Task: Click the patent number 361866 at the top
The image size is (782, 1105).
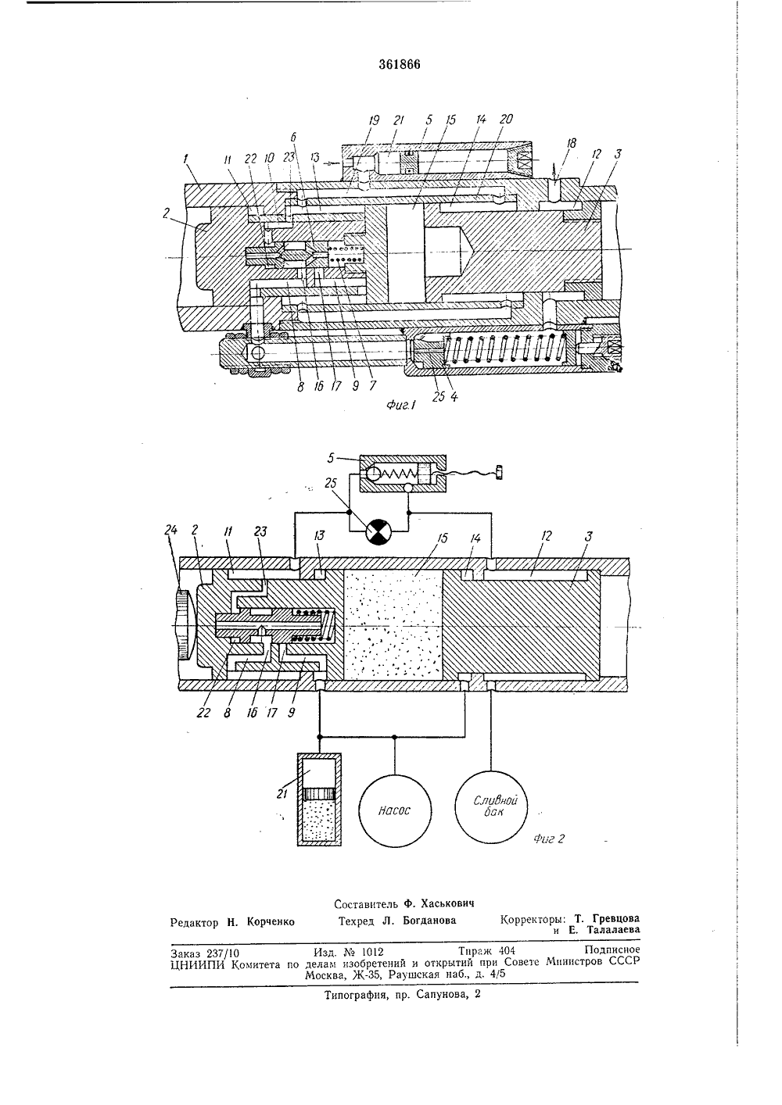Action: click(400, 64)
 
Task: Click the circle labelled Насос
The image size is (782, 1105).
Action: click(394, 810)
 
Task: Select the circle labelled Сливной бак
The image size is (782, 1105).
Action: click(492, 807)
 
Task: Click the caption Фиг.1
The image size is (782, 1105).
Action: click(400, 405)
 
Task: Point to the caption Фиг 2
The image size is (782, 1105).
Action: click(548, 839)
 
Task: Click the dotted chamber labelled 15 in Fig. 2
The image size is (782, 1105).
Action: click(393, 624)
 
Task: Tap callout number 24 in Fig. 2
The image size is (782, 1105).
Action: click(170, 530)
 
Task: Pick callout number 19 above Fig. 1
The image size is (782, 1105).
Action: click(374, 120)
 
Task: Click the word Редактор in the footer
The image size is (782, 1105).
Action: click(194, 922)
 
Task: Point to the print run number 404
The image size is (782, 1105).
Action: click(507, 950)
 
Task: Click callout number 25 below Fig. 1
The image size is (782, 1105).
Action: click(438, 396)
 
